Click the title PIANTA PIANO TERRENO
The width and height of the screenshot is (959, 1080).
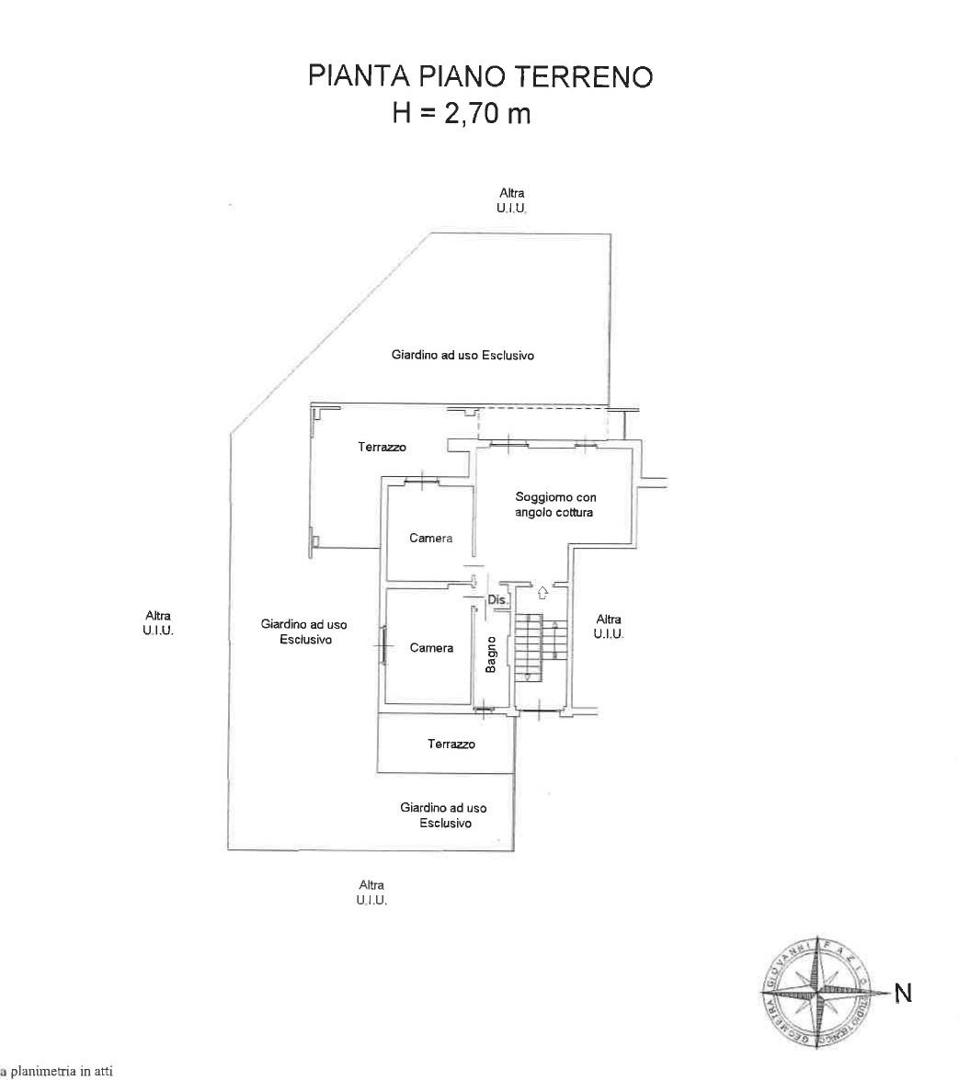coord(481,75)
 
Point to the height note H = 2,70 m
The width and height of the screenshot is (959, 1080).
coord(462,114)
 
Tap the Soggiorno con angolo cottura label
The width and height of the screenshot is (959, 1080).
coord(555,505)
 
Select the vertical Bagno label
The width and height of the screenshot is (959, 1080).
coord(491,654)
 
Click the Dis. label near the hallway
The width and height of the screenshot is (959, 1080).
coord(497,600)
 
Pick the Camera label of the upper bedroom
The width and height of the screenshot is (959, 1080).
coord(431,539)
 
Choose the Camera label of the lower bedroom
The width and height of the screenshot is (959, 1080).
coord(431,648)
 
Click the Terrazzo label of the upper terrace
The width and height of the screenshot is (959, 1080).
coord(382,448)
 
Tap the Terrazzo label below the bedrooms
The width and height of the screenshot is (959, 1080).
coord(451,744)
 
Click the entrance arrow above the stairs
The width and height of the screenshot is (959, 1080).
coord(542,593)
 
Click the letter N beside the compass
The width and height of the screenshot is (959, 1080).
coord(903,993)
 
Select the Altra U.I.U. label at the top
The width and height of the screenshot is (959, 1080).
coord(512,199)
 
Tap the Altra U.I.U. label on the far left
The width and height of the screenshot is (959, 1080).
coord(157,623)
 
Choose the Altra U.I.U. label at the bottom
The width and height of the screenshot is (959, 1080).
coord(371,892)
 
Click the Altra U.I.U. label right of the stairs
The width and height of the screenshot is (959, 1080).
coord(609,626)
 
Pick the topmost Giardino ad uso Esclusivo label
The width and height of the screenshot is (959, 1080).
coord(462,355)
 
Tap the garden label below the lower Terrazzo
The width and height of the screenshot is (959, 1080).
coord(444,815)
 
